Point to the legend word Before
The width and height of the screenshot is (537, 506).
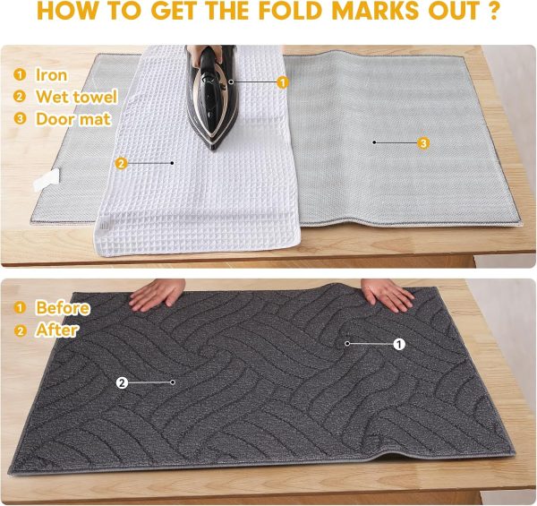(x=63, y=308)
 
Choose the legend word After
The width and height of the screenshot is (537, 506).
(x=56, y=330)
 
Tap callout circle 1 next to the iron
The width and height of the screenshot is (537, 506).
(x=283, y=82)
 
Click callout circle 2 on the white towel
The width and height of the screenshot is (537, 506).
(x=121, y=163)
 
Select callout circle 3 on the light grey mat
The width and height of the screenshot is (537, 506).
(x=423, y=142)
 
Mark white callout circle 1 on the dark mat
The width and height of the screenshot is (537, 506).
(x=399, y=343)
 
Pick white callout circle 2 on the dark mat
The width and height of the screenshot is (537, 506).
(x=122, y=382)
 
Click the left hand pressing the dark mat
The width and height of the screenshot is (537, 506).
(x=158, y=294)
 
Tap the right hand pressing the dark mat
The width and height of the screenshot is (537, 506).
(x=387, y=294)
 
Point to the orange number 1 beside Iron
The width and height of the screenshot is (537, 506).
(x=19, y=75)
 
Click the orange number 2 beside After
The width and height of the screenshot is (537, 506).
(x=19, y=330)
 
